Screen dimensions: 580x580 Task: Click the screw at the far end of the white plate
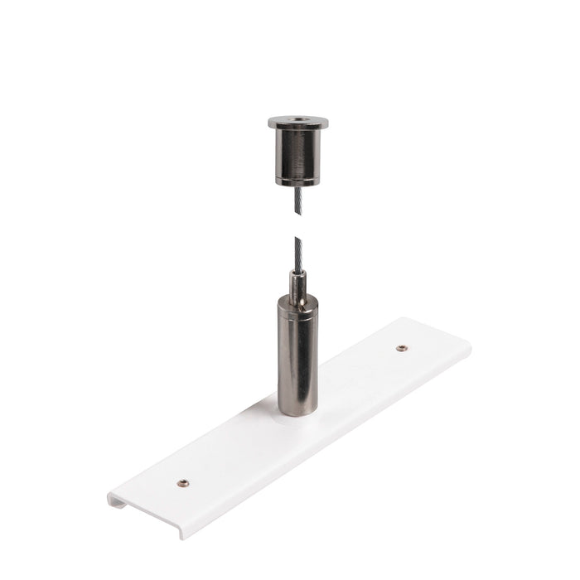pos(401,348)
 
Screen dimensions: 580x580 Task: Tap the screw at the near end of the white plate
pos(182,483)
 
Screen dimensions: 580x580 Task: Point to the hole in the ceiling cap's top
pos(298,120)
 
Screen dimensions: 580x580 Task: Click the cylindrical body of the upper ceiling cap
pos(298,153)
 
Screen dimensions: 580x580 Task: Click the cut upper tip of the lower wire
pos(296,239)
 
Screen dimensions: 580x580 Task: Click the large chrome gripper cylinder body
pos(297,356)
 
